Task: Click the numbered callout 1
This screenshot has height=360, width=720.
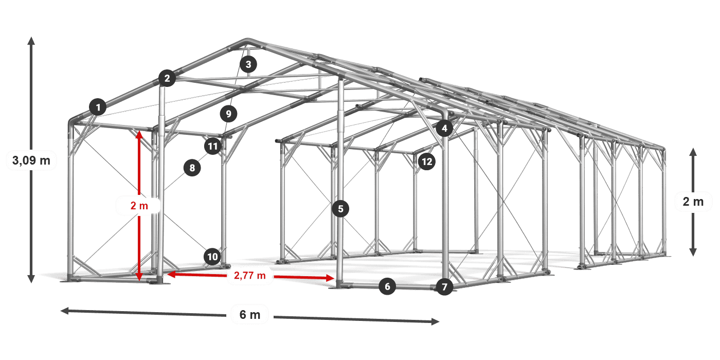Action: point(98,107)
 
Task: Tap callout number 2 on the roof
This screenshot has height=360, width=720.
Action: point(167,78)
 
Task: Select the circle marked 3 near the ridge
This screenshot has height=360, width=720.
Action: point(248,64)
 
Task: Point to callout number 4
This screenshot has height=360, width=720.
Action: point(444,128)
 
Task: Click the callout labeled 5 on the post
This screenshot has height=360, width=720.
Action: point(340,209)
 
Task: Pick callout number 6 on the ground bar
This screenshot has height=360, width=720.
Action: point(387,286)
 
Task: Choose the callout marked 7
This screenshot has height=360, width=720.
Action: point(444,287)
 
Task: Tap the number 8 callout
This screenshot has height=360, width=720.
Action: point(192,168)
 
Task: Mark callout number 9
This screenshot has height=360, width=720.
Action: point(228,114)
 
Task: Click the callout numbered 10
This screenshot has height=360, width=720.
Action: point(212,257)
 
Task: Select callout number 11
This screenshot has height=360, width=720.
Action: point(213,146)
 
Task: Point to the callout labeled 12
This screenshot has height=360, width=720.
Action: point(427,161)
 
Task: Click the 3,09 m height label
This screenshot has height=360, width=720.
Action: point(31,160)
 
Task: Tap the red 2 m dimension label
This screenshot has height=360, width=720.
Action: point(139,205)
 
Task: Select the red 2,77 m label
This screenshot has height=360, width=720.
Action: point(250,276)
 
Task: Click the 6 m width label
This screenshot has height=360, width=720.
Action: point(250,314)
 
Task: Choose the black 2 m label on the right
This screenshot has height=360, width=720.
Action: point(693,202)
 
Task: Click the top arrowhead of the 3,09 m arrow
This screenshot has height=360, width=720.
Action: point(31,41)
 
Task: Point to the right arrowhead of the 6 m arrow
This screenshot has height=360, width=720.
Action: point(435,321)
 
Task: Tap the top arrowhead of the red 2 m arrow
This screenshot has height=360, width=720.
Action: point(139,134)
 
